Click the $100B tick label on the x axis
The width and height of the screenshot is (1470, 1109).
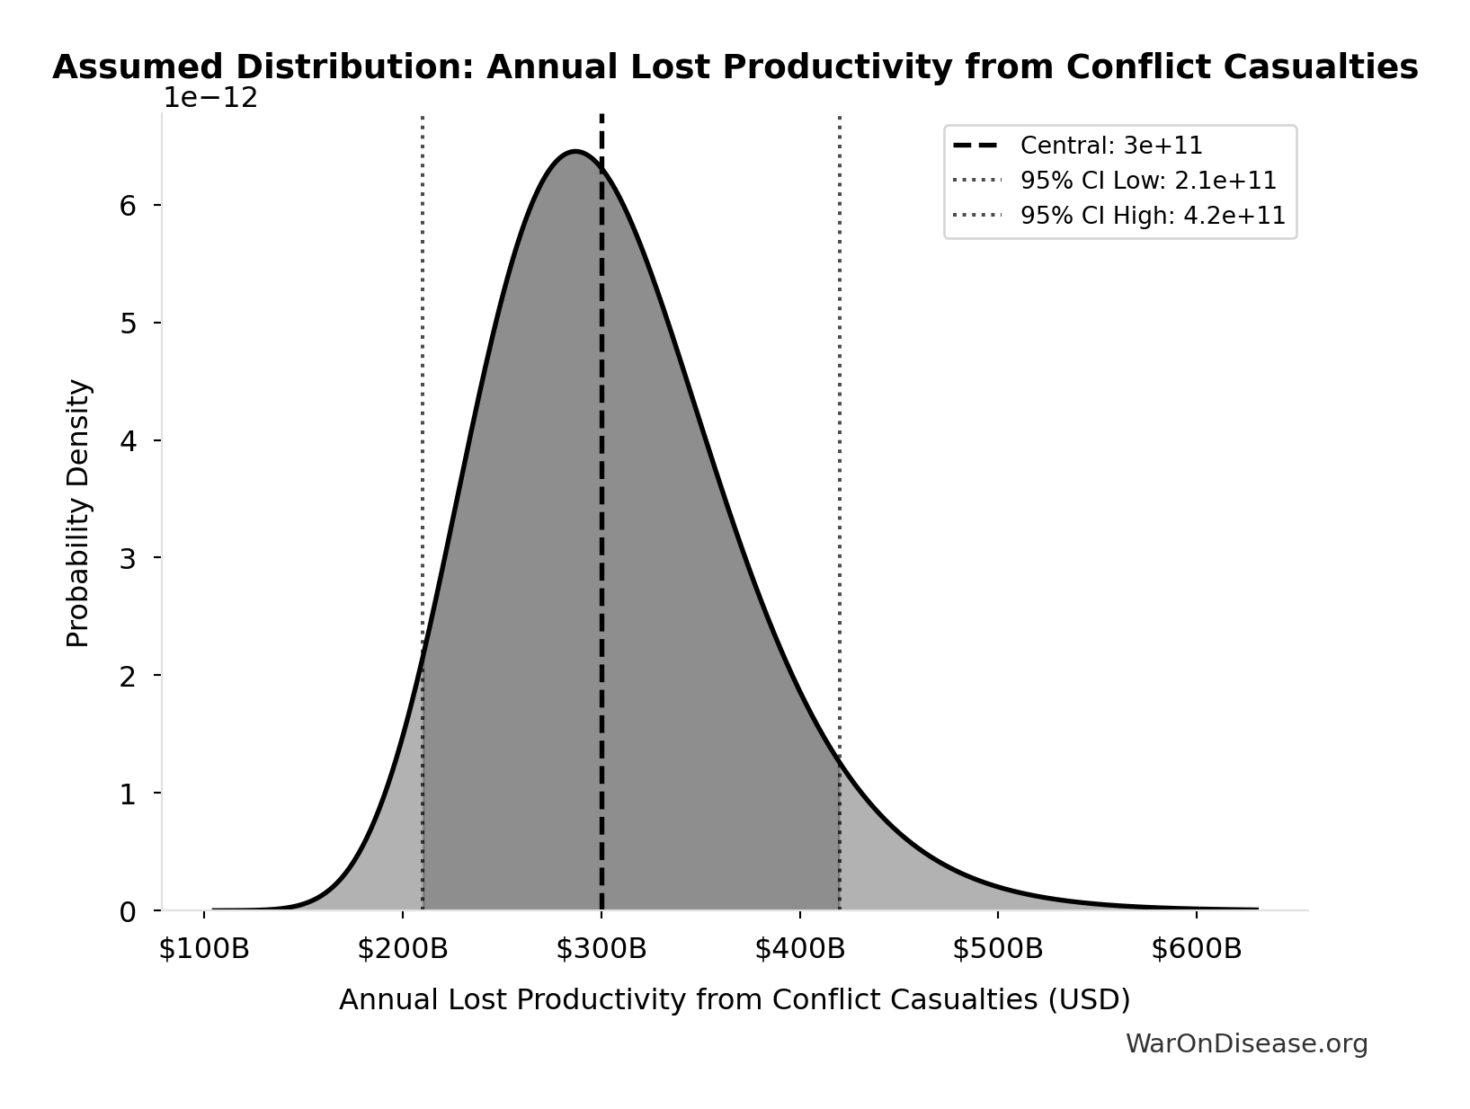tap(204, 949)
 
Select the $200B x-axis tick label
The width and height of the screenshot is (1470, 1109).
tap(403, 949)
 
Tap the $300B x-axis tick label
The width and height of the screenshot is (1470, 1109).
tap(601, 949)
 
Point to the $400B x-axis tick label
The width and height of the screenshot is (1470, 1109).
tap(800, 949)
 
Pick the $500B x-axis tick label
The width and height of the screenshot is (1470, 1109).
tap(998, 949)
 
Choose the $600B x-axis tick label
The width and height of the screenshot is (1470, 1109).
tap(1197, 949)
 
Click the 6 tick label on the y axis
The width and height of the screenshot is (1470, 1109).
tap(128, 206)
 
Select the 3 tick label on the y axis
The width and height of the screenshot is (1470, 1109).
tap(128, 558)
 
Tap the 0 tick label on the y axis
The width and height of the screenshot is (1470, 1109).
tap(128, 911)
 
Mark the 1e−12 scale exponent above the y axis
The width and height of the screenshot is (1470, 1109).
tap(210, 98)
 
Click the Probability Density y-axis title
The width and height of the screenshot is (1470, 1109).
tap(79, 513)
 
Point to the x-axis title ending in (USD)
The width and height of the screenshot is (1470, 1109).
tap(735, 1000)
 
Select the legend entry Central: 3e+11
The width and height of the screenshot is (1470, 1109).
tap(1111, 146)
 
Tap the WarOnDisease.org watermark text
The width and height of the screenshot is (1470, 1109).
tap(1246, 1043)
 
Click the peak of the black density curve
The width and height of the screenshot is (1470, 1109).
tap(575, 151)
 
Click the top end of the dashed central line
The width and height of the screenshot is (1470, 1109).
tap(601, 117)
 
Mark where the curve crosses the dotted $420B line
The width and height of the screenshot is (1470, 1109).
tap(840, 757)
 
